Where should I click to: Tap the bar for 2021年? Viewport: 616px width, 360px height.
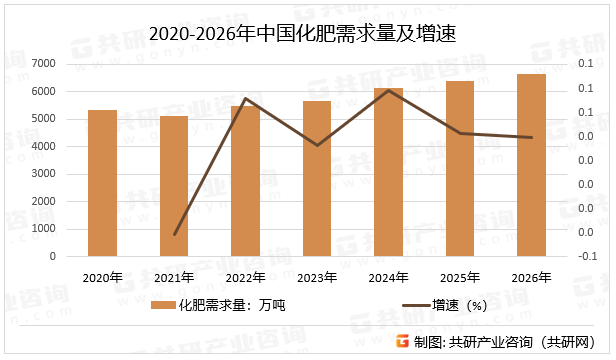(174, 186)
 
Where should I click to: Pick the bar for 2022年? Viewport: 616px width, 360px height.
(245, 181)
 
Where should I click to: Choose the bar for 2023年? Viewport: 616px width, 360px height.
(317, 179)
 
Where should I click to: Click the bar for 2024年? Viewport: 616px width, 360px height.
(388, 172)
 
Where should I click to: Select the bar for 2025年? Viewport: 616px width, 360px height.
(460, 169)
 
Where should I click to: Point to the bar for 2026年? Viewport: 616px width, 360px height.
(531, 165)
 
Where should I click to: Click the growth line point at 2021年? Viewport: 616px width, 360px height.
(174, 235)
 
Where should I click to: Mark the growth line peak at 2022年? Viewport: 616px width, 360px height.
(245, 98)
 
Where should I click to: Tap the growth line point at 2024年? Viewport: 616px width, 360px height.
(388, 90)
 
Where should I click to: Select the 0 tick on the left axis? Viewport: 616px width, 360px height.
(53, 256)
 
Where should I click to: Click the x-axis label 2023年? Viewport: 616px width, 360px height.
(317, 277)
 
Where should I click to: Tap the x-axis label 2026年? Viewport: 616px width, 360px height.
(531, 277)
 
